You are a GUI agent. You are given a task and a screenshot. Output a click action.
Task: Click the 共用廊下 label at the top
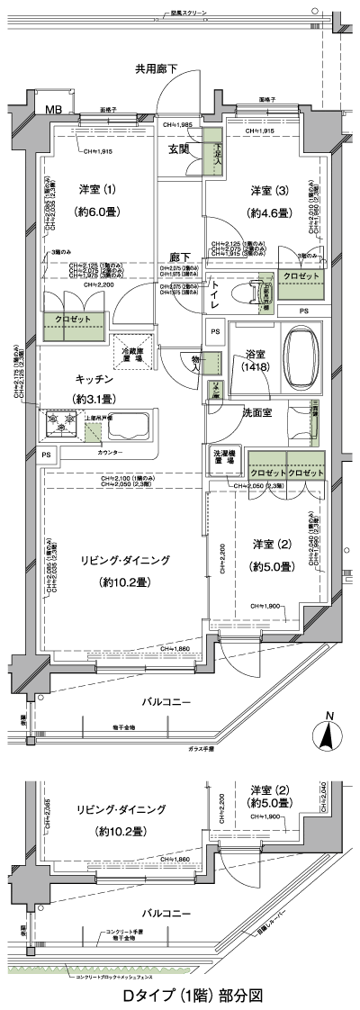[157, 68]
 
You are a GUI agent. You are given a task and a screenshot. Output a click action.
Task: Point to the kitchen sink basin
[128, 422]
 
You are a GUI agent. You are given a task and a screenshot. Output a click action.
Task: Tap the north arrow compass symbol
[328, 736]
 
